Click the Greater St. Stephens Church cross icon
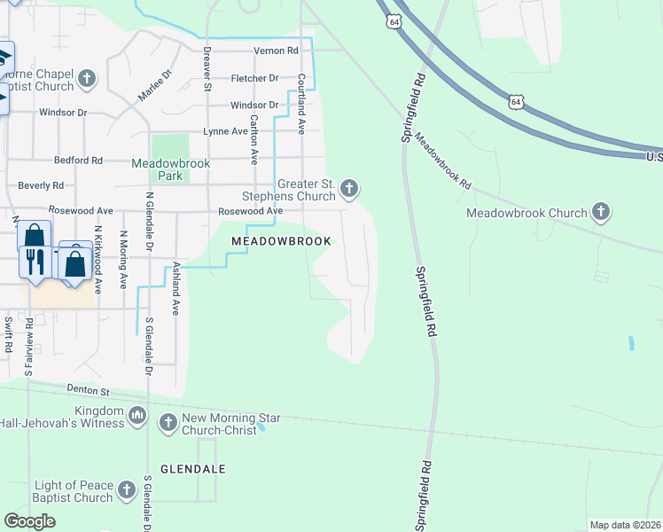(349, 188)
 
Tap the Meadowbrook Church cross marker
(601, 212)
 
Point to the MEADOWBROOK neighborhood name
(281, 241)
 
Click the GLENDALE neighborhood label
(193, 468)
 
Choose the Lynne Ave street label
(225, 131)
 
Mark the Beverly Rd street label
(41, 186)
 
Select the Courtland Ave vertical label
(301, 104)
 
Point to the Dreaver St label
(207, 69)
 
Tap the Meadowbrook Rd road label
(442, 160)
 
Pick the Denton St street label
(87, 390)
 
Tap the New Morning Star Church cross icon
(168, 424)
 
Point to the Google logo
(30, 521)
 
